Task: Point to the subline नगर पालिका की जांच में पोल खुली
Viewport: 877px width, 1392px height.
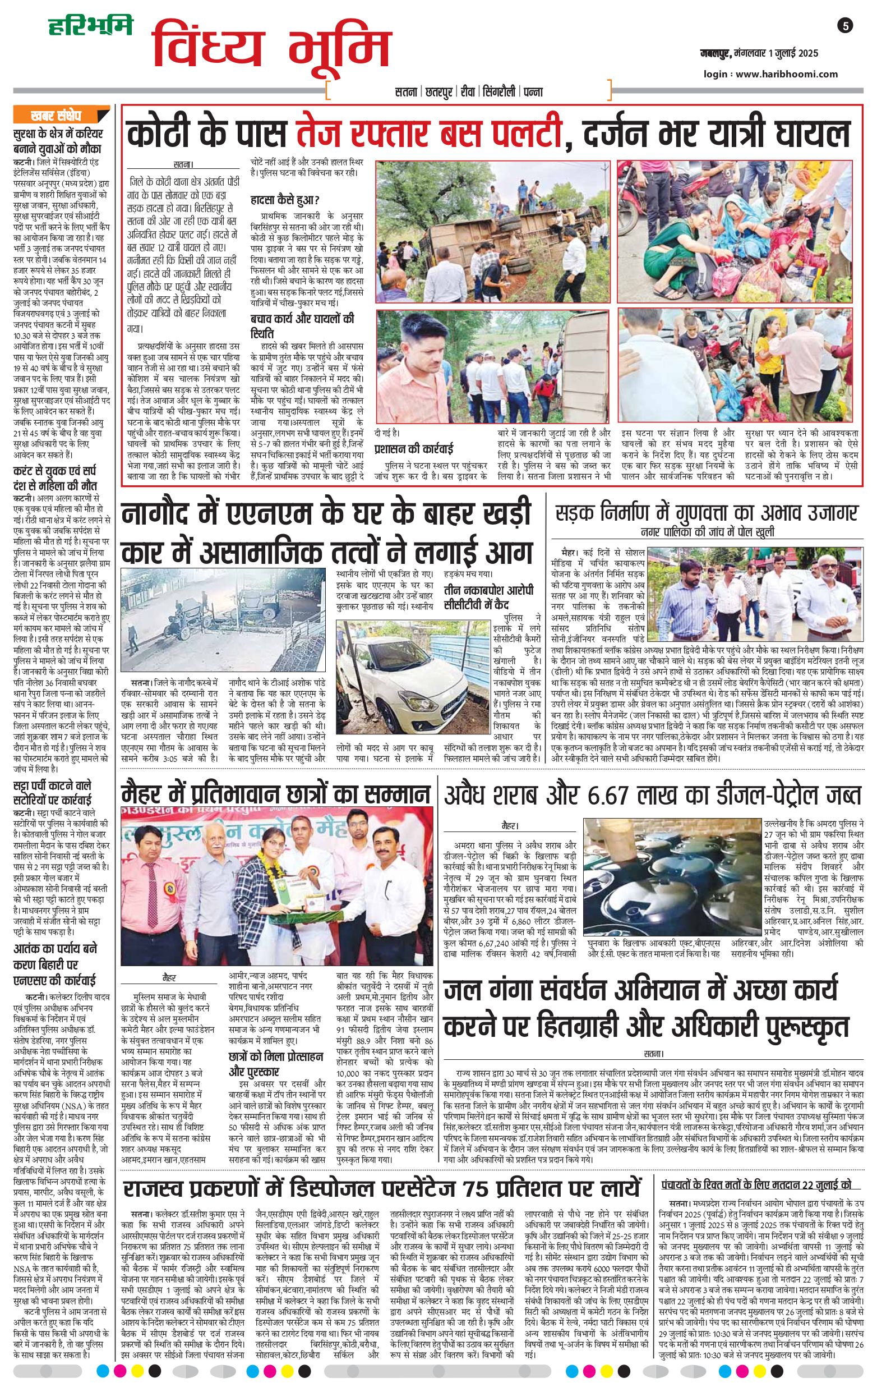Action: [707, 532]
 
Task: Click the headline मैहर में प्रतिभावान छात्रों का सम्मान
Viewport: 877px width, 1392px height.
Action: [275, 794]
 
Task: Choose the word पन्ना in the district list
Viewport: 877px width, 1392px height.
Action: [533, 91]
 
